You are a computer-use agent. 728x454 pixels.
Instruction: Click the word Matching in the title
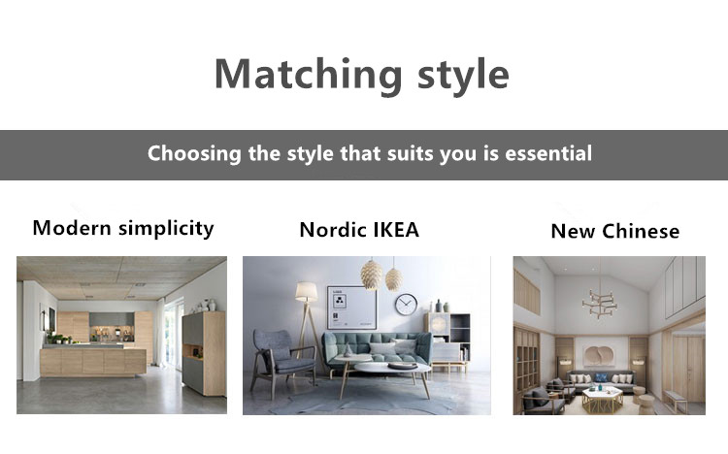(x=309, y=76)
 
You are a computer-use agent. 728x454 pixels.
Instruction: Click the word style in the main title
(x=463, y=76)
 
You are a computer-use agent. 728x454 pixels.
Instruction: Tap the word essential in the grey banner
(x=548, y=153)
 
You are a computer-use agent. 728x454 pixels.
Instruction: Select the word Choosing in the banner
(x=194, y=154)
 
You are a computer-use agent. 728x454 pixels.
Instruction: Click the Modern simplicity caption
(x=123, y=228)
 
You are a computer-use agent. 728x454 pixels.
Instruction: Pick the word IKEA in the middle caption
(x=396, y=230)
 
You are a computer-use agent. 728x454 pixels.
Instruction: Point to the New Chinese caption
(x=615, y=231)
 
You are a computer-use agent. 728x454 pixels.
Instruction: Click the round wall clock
(x=406, y=305)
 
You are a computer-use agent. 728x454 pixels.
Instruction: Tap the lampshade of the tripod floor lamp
(x=307, y=292)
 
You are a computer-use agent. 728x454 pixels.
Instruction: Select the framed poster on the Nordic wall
(x=352, y=308)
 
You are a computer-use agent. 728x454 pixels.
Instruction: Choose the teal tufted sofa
(x=377, y=349)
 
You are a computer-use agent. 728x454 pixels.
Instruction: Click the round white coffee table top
(x=392, y=368)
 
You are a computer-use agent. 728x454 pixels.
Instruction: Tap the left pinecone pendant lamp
(x=371, y=275)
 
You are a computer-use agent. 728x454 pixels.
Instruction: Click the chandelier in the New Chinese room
(x=600, y=303)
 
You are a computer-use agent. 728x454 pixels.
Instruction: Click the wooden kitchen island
(x=93, y=361)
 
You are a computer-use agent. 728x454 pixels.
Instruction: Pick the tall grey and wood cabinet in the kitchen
(x=204, y=353)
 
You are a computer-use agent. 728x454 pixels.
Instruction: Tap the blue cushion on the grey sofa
(x=602, y=377)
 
